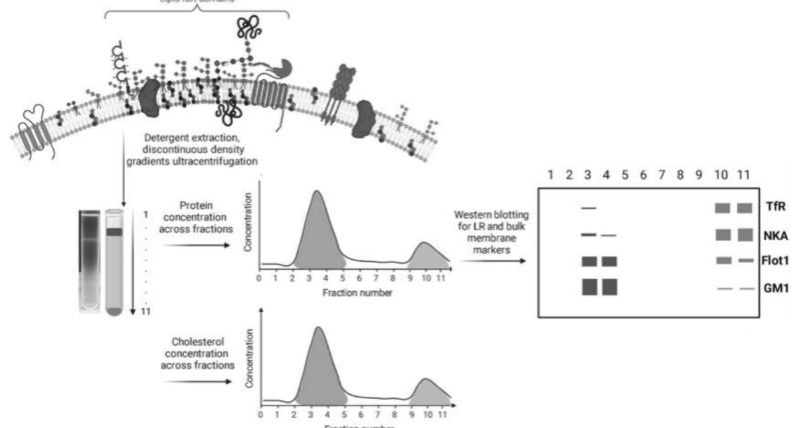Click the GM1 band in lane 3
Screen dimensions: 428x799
point(589,287)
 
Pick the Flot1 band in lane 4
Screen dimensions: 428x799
point(609,262)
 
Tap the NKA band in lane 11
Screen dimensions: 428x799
point(744,236)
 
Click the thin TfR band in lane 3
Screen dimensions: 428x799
point(589,208)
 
